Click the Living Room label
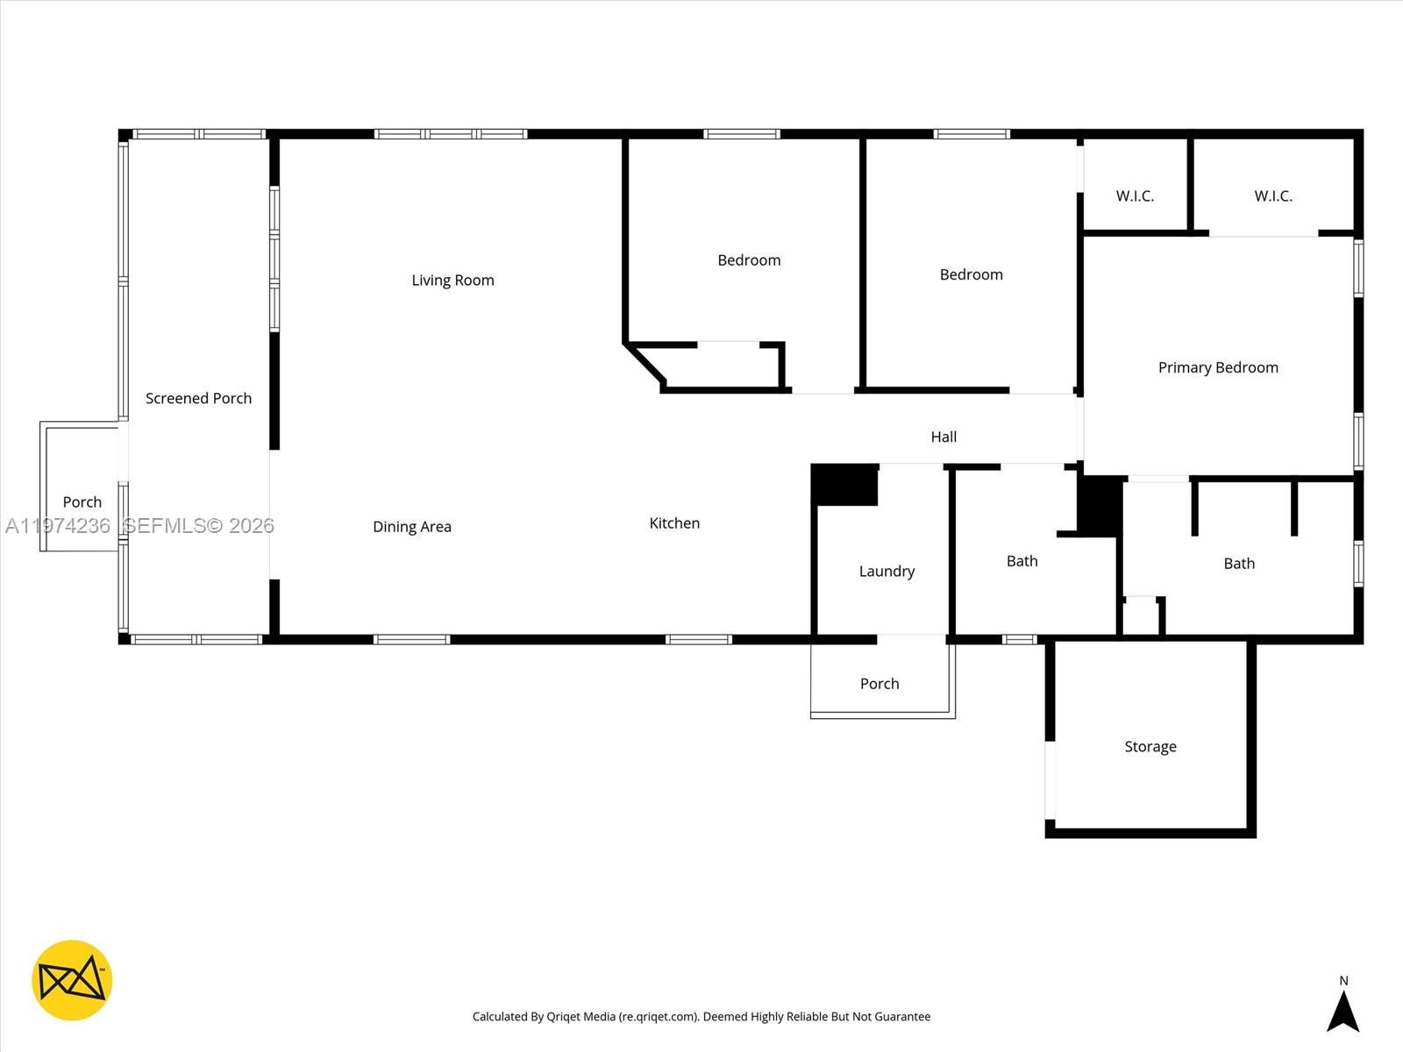coord(452,281)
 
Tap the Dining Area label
coord(411,527)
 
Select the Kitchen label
coord(673,523)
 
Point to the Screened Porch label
coord(198,398)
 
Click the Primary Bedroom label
coord(1217,367)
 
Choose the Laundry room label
coord(887,572)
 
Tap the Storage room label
coord(1150,747)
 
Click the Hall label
coord(944,437)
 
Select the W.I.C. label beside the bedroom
coord(1135,196)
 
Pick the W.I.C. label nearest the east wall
coord(1272,196)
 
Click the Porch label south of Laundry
coord(880,684)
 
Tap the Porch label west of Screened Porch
coord(82,502)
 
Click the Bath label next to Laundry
coord(1022,561)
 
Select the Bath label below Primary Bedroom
coord(1238,564)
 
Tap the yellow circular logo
coord(72,980)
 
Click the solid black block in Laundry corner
coord(844,485)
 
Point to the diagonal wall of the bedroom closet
coord(645,364)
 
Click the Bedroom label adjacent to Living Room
coord(748,260)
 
